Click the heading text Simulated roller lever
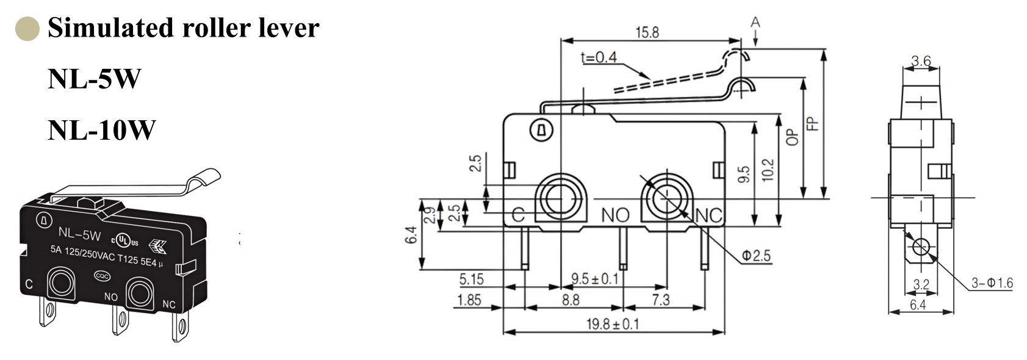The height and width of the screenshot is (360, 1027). coord(183,28)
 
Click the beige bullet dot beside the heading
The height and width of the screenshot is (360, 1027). coord(27,29)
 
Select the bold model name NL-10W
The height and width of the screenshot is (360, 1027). coord(101,130)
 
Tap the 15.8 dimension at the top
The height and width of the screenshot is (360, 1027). coord(647,32)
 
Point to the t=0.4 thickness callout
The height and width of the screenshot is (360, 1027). coord(599,57)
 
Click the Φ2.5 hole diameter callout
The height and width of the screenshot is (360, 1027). coord(756,256)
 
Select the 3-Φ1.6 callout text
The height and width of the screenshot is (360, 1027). coord(992,283)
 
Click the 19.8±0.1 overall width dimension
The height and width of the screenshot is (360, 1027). coord(613,324)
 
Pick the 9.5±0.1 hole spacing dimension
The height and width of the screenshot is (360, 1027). coord(594,279)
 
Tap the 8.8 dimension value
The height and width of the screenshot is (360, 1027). coord(570,300)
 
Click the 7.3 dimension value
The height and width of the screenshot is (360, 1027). coord(660,300)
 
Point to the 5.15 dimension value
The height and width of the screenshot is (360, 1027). coord(471,279)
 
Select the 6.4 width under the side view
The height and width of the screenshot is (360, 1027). coord(917,304)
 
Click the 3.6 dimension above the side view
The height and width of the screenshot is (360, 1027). coord(921,61)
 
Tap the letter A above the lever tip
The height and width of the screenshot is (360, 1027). coord(755,23)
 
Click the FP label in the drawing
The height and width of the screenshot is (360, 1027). coord(812,124)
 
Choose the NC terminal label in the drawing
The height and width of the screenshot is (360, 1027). coord(708,215)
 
